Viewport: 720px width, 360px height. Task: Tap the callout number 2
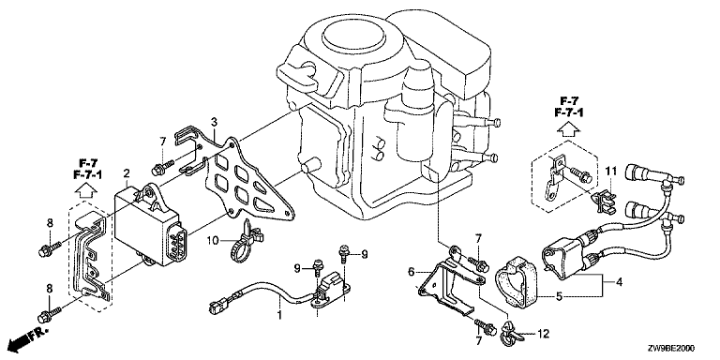pyautogui.click(x=127, y=173)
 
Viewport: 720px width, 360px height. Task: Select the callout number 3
pyautogui.click(x=214, y=122)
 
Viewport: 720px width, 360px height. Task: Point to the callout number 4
pyautogui.click(x=619, y=282)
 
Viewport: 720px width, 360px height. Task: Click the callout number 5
pyautogui.click(x=559, y=296)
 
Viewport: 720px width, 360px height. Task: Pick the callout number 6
pyautogui.click(x=412, y=272)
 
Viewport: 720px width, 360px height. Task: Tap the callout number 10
pyautogui.click(x=212, y=240)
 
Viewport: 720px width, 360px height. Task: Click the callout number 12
pyautogui.click(x=543, y=335)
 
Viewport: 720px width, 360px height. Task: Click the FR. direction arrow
pyautogui.click(x=27, y=337)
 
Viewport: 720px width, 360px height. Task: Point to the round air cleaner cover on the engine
pyautogui.click(x=353, y=35)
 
